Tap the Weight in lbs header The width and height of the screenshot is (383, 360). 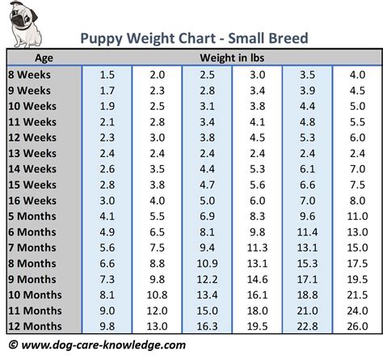[234, 58]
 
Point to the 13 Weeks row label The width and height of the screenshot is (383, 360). [33, 154]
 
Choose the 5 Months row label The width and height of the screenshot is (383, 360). [34, 216]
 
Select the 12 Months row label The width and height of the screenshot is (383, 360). [36, 326]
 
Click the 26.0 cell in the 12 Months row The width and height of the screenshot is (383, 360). [356, 326]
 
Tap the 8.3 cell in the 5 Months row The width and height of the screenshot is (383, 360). [257, 216]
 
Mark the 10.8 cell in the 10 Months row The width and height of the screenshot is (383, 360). [157, 294]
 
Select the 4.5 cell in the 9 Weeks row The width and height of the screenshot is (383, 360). [356, 91]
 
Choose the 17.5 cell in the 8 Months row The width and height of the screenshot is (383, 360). [356, 264]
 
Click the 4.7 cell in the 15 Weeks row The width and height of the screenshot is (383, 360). [207, 184]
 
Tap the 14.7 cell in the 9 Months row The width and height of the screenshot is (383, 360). [257, 279]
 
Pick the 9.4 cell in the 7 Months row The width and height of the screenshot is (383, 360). [207, 248]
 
